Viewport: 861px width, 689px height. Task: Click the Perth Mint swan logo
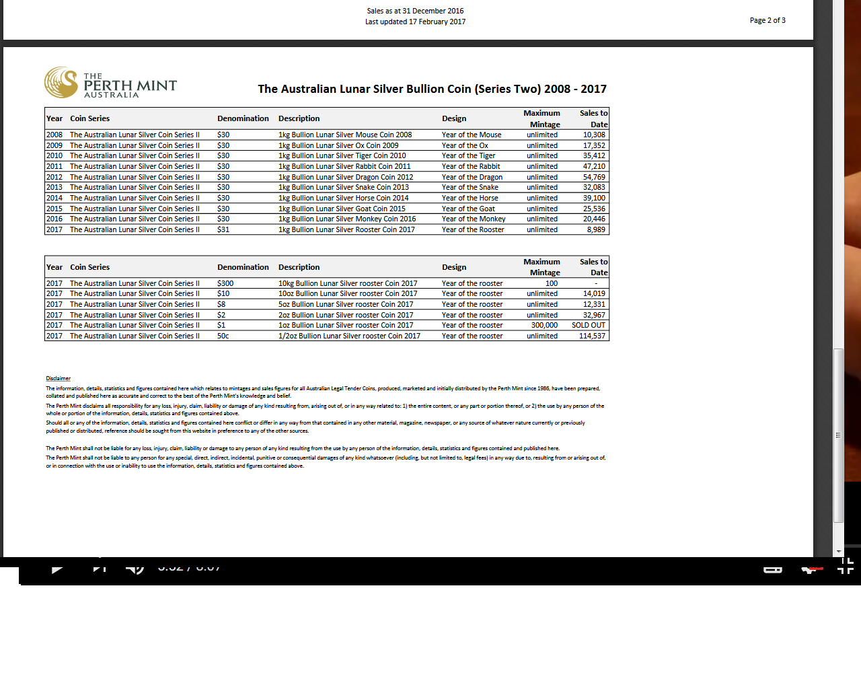tap(61, 82)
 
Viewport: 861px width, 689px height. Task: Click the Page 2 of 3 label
tap(768, 20)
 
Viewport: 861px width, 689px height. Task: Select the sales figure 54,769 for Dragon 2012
tap(594, 177)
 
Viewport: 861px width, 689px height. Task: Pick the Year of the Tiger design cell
tap(468, 155)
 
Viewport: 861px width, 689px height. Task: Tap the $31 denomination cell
tap(223, 229)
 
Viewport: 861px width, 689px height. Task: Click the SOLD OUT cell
tap(589, 325)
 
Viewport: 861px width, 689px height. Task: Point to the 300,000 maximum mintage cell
tap(544, 325)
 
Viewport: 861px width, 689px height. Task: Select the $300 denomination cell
tap(225, 283)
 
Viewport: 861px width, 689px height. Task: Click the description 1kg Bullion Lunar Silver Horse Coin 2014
tap(343, 198)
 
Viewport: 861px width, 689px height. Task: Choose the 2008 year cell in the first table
tap(54, 135)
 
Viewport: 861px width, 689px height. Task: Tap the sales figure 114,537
tap(592, 336)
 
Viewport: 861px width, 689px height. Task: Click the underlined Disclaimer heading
tap(58, 378)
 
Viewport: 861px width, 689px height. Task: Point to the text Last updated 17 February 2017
tap(415, 22)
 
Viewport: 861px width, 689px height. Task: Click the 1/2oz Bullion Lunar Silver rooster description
tap(349, 336)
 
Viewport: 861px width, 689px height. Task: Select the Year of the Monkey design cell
tap(474, 219)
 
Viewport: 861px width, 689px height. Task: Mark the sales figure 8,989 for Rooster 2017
tap(596, 229)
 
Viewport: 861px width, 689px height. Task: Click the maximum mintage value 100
tap(552, 283)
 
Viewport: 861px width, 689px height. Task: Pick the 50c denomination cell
tap(223, 336)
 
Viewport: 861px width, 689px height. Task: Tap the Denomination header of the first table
tap(243, 118)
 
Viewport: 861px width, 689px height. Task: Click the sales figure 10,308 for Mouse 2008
tap(594, 135)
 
